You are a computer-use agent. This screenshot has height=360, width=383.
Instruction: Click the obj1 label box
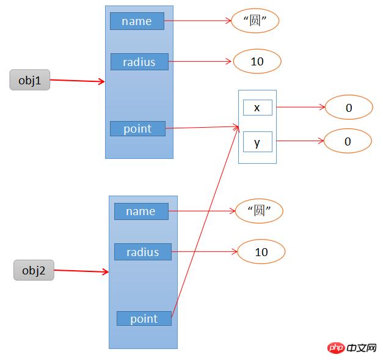tap(29, 79)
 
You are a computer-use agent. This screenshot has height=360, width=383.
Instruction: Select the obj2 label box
tap(34, 270)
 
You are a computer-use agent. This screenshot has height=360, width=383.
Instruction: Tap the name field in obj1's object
tap(137, 21)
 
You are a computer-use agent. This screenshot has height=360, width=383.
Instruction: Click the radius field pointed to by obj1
tap(139, 62)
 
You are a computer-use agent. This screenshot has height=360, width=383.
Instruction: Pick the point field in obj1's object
tap(137, 128)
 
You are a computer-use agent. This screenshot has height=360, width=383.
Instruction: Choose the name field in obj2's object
tap(140, 211)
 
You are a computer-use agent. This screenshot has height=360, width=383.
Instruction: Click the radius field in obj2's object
tap(142, 252)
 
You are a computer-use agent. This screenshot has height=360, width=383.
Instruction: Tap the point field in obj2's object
tap(144, 318)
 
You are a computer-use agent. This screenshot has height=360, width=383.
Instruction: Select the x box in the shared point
tap(257, 108)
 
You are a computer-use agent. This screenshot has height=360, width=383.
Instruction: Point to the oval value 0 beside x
tap(348, 108)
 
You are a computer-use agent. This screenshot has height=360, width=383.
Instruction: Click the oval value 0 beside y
tap(348, 142)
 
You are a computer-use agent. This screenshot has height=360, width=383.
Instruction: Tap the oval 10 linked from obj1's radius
tap(257, 61)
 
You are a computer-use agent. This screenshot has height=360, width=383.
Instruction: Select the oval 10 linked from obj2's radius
tap(261, 252)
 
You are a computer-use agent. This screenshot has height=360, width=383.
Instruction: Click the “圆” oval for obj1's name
tap(255, 21)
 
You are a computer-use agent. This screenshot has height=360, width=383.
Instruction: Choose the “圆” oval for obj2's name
tap(260, 211)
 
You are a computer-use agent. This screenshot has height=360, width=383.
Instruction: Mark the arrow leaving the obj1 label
tap(77, 80)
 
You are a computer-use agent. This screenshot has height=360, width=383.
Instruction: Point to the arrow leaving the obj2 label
tap(81, 271)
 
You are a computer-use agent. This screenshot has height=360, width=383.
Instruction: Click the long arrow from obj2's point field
tap(205, 220)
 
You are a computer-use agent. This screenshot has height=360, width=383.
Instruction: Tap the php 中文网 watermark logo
tap(351, 348)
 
